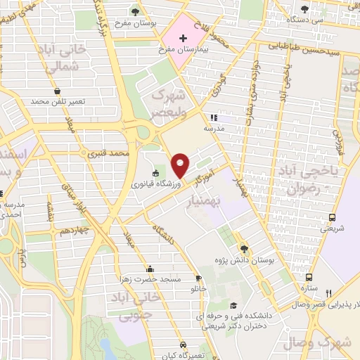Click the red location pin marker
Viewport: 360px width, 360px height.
(181, 165)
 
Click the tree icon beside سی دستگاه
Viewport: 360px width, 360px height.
(304, 9)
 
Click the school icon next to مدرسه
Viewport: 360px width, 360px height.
(214, 118)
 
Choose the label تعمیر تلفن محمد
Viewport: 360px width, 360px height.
(56, 102)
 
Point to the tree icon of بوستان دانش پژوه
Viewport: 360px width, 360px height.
(244, 248)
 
